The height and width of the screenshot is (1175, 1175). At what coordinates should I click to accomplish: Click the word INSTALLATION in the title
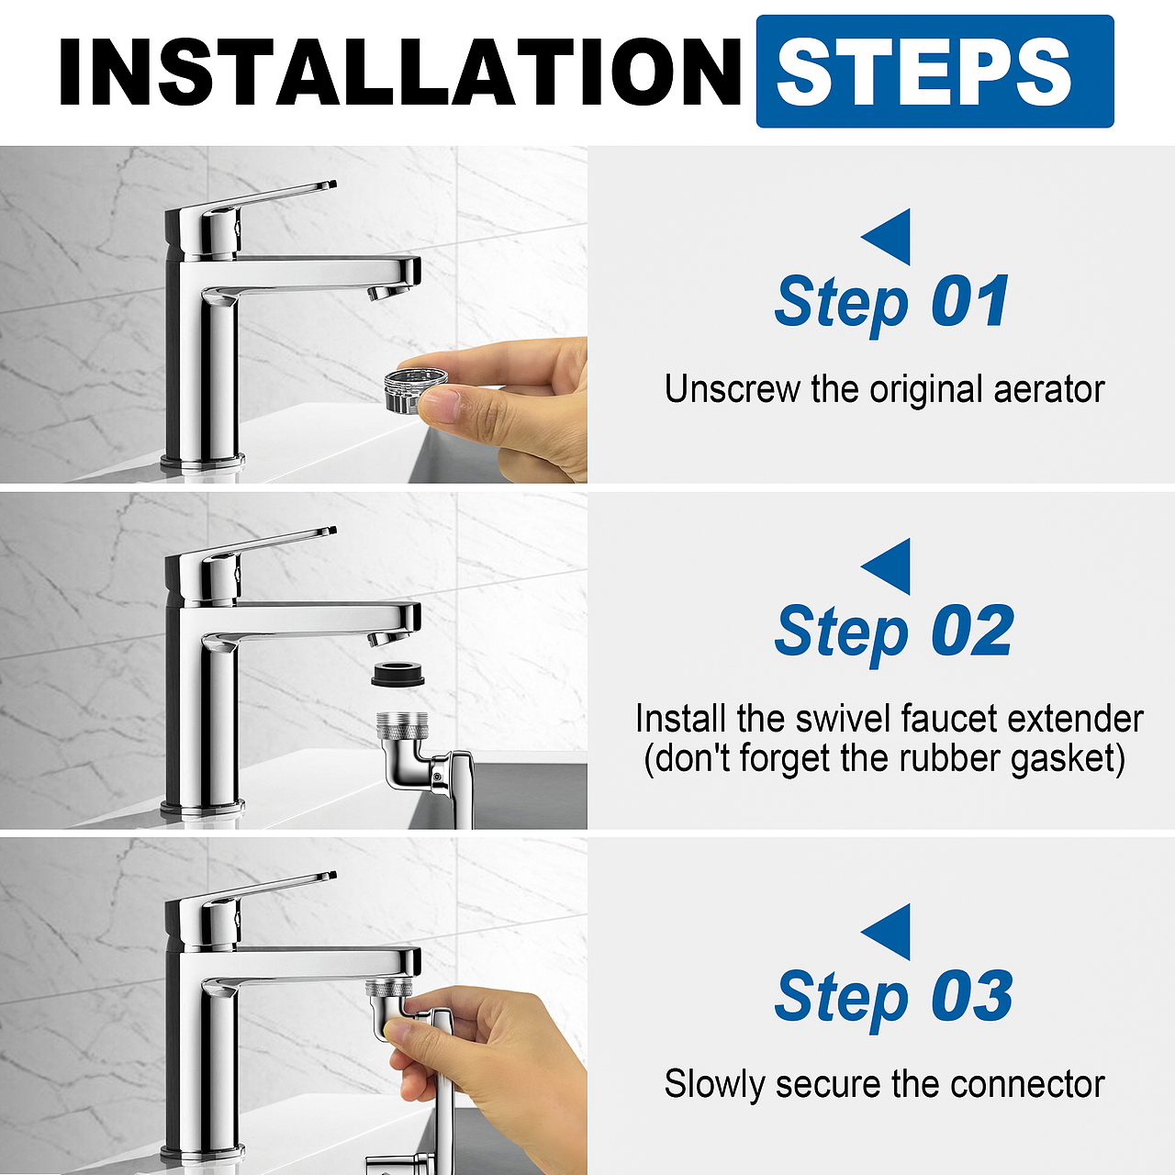pyautogui.click(x=399, y=72)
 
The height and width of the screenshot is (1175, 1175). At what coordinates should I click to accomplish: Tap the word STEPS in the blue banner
pyautogui.click(x=923, y=72)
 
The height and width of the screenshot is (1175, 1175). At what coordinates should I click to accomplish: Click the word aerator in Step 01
pyautogui.click(x=1049, y=389)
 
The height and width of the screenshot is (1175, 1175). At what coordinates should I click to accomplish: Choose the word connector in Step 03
pyautogui.click(x=1027, y=1084)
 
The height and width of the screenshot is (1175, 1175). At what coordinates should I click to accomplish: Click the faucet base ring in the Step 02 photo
pyautogui.click(x=203, y=808)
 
